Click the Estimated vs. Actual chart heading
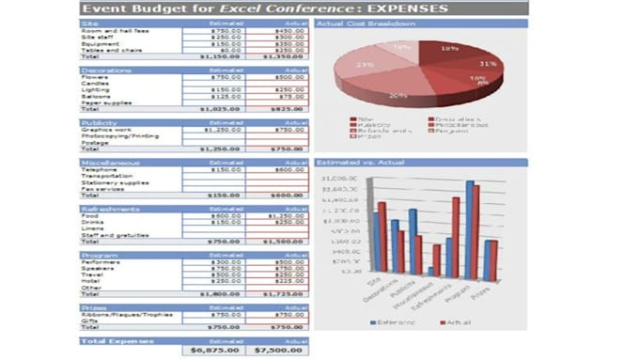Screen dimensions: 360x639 click(357, 163)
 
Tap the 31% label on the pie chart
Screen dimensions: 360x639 click(488, 64)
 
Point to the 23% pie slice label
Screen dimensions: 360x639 click(366, 65)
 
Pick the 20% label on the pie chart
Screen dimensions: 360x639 click(397, 95)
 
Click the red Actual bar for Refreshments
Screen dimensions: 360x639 click(455, 234)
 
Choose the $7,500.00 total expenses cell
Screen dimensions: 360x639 click(278, 350)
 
